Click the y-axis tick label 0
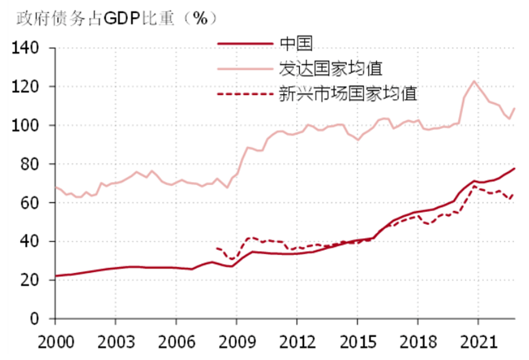34,318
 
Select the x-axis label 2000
56,338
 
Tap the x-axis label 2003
116,338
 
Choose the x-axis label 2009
236,338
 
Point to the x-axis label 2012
297,338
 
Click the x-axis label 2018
417,338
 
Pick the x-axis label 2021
477,338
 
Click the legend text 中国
296,44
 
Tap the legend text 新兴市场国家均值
347,94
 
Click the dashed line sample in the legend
245,94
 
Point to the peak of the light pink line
474,81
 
